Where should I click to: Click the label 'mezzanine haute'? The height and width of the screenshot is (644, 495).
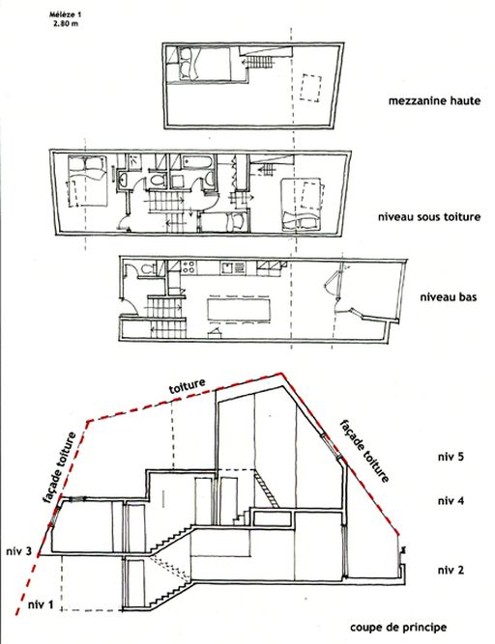tap(434, 100)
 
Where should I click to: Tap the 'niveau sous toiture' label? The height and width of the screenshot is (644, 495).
tap(429, 216)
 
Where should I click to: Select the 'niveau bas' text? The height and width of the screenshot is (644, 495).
tap(449, 296)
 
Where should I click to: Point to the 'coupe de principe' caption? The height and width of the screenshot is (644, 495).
tap(398, 628)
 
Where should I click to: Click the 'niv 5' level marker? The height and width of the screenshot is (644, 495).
tap(451, 457)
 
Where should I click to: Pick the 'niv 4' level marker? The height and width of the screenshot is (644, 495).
tap(451, 501)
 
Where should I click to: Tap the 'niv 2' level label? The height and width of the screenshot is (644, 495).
tap(451, 570)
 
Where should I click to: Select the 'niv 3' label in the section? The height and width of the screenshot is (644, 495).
tap(19, 551)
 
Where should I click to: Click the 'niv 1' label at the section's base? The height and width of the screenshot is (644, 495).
tap(41, 604)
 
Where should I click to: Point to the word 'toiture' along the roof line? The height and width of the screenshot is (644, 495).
tap(187, 386)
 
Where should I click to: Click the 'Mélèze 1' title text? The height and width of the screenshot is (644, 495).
tap(66, 14)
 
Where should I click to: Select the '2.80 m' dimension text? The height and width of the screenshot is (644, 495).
tap(66, 23)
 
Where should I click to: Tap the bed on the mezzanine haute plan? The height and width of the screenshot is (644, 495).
tap(199, 64)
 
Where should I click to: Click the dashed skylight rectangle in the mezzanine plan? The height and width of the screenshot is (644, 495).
tap(310, 88)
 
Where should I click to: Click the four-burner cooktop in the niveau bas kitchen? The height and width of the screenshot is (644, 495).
tap(189, 266)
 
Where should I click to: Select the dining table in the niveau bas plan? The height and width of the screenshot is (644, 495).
tap(239, 309)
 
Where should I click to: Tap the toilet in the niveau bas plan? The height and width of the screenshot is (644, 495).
tap(146, 269)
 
